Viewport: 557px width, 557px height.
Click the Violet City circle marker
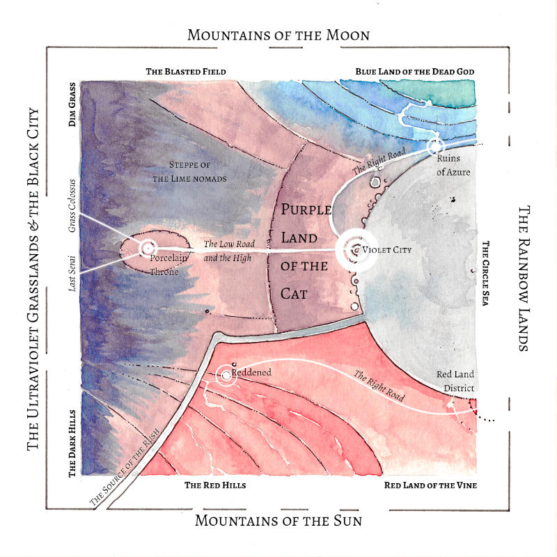pos(356,250)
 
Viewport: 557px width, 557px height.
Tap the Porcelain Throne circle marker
pos(148,248)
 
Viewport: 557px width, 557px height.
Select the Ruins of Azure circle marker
pos(436,146)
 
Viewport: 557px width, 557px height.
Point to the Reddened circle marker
pos(226,375)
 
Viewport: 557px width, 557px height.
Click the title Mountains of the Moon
pos(278,36)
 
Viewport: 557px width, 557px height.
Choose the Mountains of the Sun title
pos(278,520)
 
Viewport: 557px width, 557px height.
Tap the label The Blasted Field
pos(186,72)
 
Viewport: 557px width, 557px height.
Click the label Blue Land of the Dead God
pos(415,72)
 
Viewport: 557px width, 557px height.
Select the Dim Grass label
pos(72,104)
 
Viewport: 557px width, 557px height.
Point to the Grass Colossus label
pos(72,205)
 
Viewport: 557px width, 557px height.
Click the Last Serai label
pos(72,274)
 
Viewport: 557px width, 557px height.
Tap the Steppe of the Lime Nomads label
pos(189,171)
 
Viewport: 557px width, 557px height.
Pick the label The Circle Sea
pos(485,273)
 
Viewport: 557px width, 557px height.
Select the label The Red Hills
pos(215,485)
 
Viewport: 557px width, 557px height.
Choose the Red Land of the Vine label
pos(430,485)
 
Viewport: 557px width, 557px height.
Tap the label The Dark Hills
pos(72,444)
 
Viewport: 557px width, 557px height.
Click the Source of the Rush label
pos(124,467)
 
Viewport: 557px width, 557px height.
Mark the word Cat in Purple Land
pos(294,294)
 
